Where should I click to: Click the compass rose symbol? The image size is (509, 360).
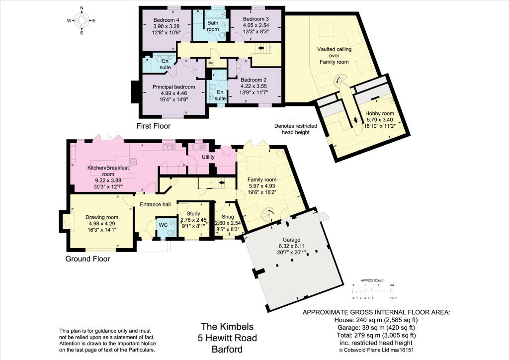pos(82,20)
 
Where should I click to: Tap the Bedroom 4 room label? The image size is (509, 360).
pos(166,20)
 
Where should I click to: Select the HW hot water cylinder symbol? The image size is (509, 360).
pos(211,63)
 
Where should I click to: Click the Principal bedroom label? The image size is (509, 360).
pos(173,87)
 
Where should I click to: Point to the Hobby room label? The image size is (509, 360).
pos(379,113)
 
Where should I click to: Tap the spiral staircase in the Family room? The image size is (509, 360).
pos(268,215)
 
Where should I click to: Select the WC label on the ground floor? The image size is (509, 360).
pos(163,225)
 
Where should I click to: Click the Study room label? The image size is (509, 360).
pos(193,214)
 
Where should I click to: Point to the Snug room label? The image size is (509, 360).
pos(228,217)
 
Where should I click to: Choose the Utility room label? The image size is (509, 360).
pos(208,157)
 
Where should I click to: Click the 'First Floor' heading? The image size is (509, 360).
pos(153,126)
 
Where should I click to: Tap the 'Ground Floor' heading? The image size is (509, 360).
pos(87,259)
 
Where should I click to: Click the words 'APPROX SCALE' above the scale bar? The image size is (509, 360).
pos(372,280)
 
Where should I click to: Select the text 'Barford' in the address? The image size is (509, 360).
pos(227,349)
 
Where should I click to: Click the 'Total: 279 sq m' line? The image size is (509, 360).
pos(376,335)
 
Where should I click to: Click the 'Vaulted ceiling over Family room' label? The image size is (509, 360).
pos(334,56)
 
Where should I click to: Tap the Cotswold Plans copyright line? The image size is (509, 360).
pos(376,350)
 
